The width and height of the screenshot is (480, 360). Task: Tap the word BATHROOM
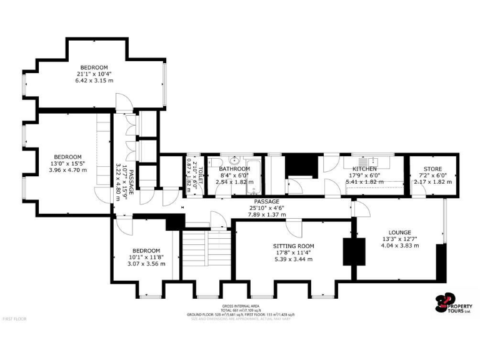coord(234,169)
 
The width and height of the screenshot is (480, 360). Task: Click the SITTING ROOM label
coord(293,246)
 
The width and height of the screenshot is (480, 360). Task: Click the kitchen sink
coord(367,159)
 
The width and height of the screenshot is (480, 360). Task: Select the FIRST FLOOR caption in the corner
coord(15,319)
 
